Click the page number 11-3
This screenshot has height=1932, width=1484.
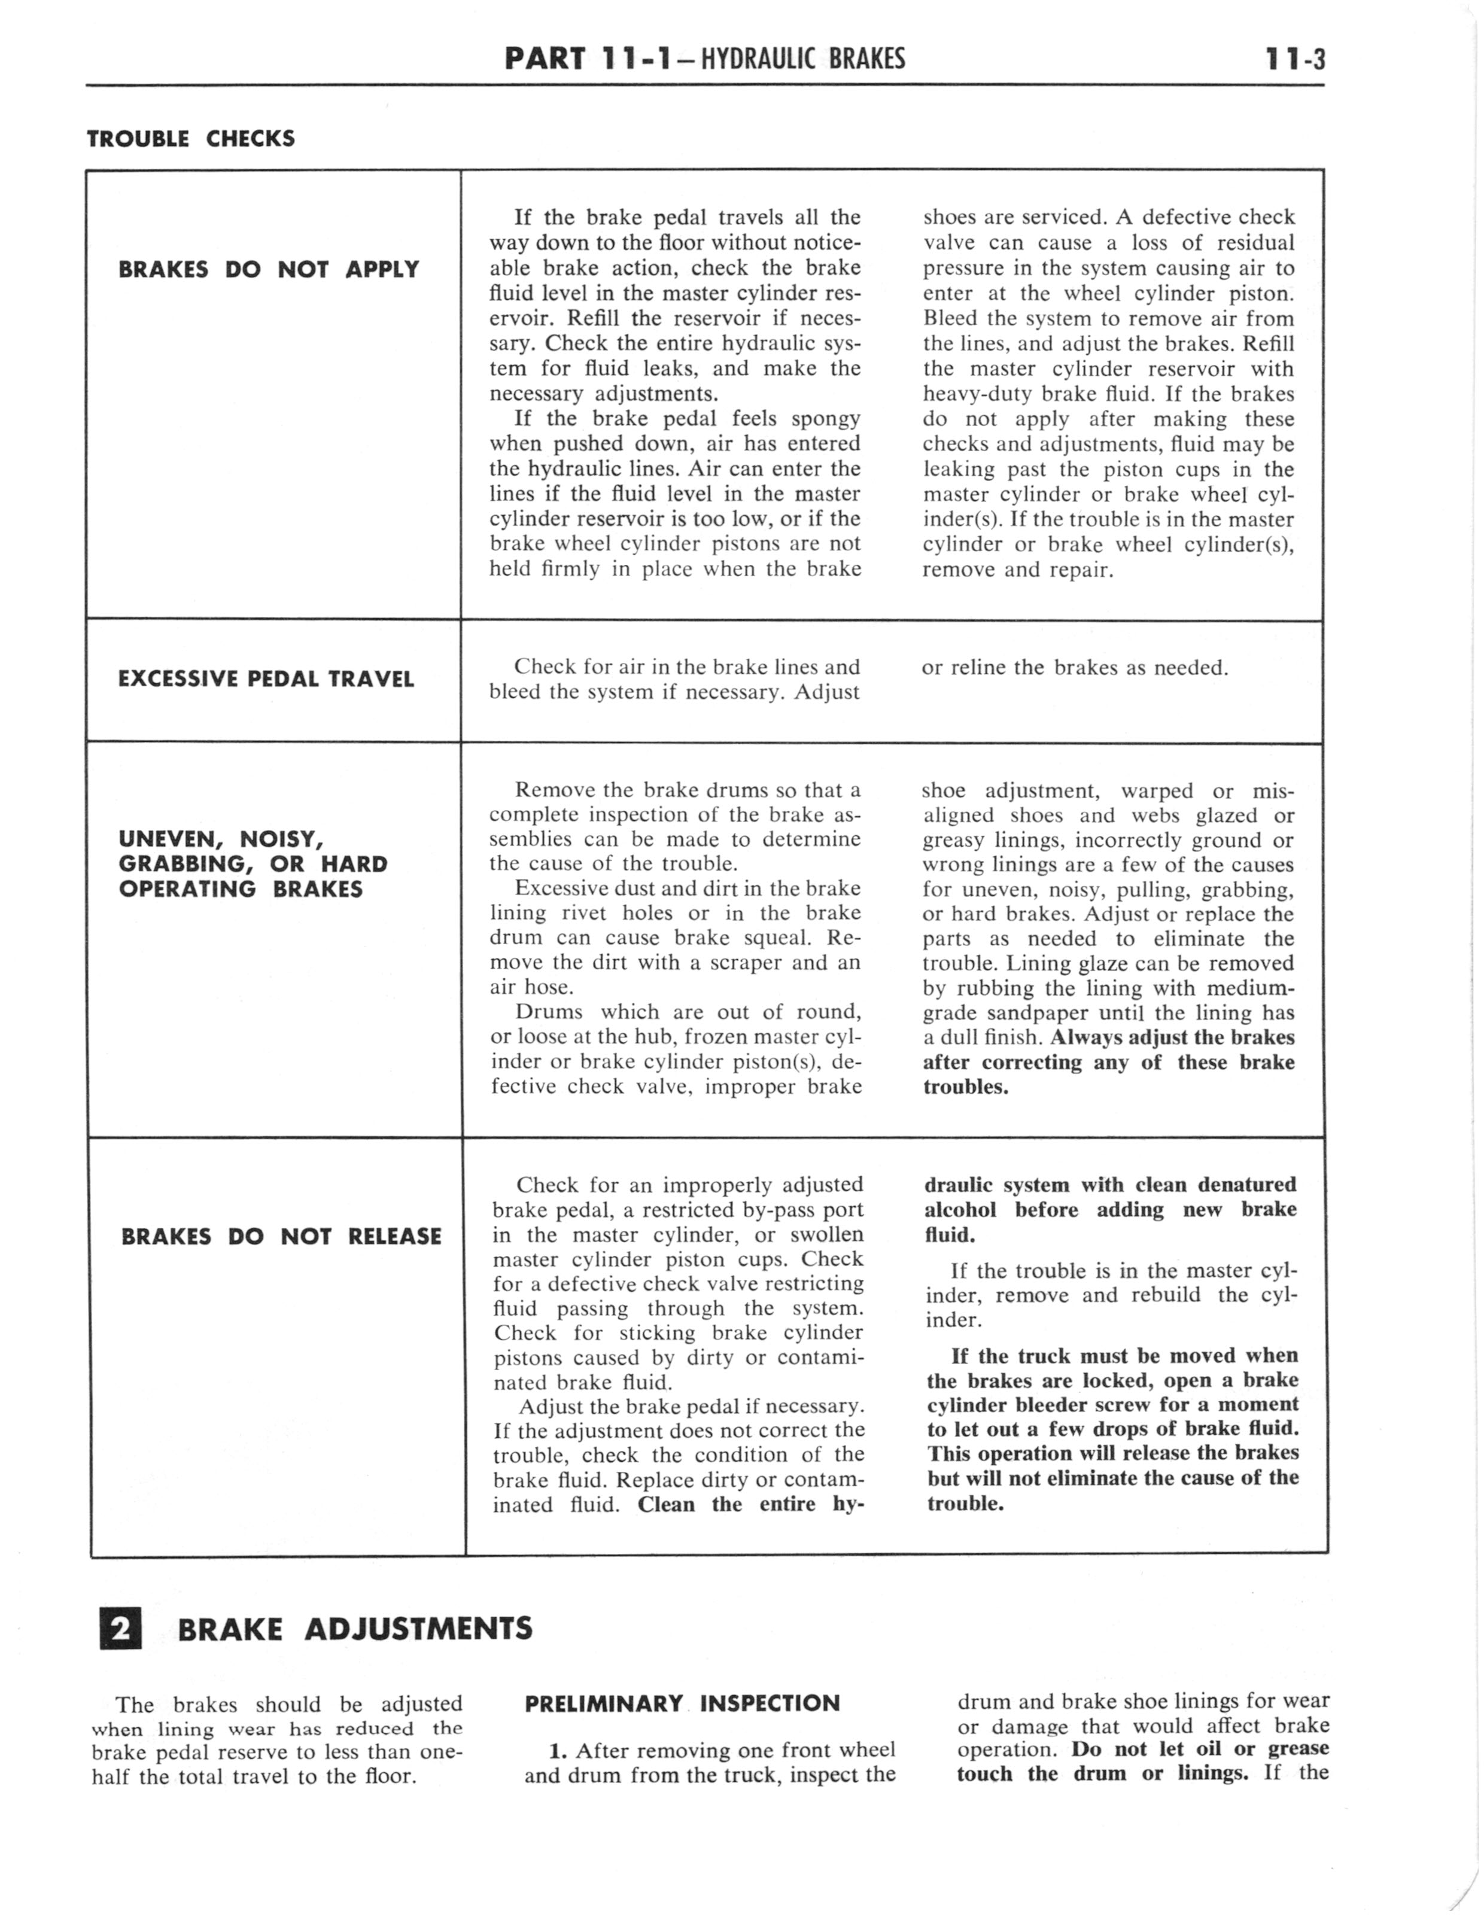point(1294,59)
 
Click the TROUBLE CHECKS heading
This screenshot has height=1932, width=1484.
point(191,139)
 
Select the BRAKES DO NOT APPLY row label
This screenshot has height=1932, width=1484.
point(269,269)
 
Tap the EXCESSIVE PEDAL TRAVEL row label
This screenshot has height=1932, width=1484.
point(266,679)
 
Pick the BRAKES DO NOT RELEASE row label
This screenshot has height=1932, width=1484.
point(281,1236)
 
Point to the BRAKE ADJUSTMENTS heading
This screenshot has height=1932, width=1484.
point(355,1628)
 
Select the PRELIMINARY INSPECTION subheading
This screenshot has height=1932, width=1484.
point(682,1703)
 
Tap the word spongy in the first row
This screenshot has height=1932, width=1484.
point(826,419)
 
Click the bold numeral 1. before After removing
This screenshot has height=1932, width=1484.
point(557,1750)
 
